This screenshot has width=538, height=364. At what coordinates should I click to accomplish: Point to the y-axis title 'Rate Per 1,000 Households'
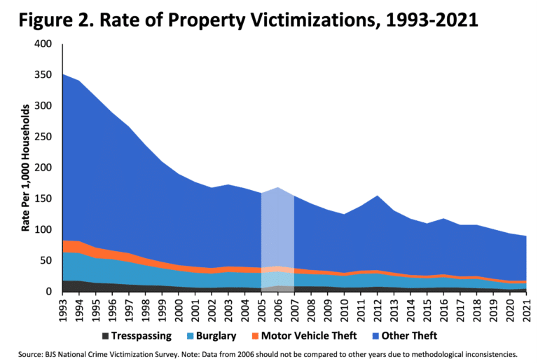point(26,168)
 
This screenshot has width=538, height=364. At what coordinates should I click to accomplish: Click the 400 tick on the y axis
point(43,44)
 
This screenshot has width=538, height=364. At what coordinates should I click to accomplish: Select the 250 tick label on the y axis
point(43,137)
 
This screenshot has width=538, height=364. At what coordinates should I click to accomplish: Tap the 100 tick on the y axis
point(43,229)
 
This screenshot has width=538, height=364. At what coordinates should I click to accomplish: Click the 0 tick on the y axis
point(49,291)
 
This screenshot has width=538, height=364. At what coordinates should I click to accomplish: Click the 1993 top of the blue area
point(63,75)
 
